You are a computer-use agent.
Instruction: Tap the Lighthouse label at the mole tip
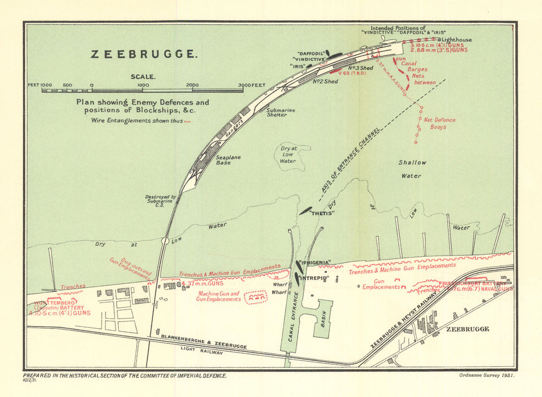456,40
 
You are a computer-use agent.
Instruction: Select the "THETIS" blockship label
321,213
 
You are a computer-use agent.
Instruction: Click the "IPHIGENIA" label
315,263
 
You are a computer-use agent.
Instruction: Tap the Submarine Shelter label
280,113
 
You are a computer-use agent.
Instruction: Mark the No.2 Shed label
325,81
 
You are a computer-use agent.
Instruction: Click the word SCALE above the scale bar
143,76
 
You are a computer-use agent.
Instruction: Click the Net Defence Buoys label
439,123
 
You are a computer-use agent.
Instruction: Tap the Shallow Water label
412,169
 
